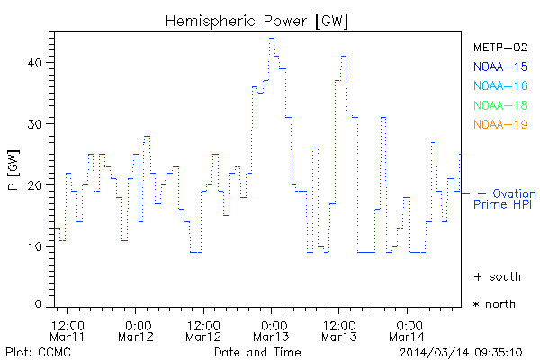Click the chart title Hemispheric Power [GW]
coord(257,20)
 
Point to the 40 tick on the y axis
coord(36,63)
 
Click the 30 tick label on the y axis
coord(36,124)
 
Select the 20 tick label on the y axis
coord(36,185)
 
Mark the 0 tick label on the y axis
coord(40,304)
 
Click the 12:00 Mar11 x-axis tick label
coord(68,330)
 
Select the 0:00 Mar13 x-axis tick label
coord(271,330)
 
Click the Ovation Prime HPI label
coord(505,199)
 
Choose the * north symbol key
coord(494,304)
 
